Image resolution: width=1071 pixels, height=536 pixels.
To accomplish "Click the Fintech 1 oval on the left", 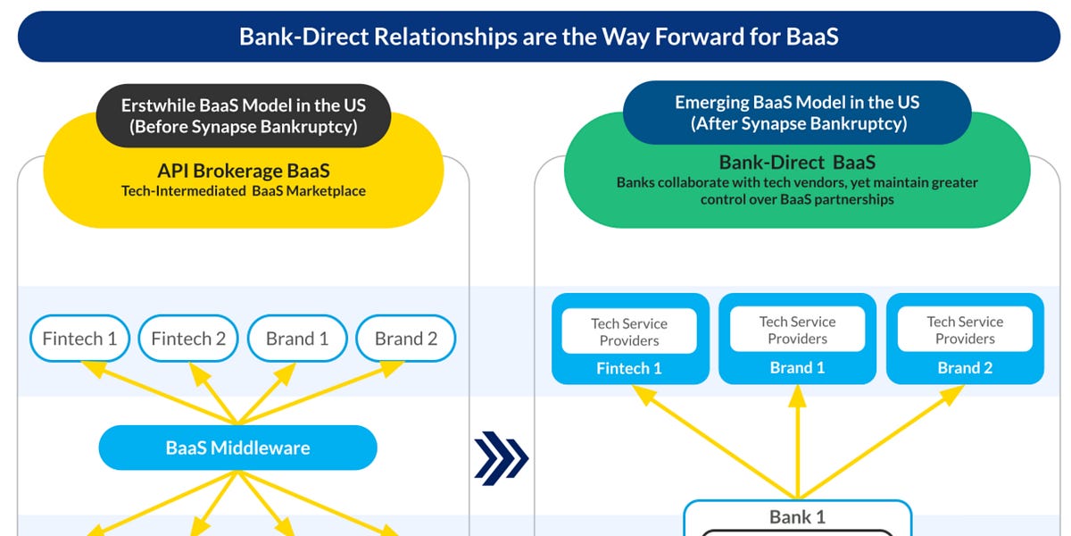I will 79,339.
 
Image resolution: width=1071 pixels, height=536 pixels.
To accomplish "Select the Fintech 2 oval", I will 188,339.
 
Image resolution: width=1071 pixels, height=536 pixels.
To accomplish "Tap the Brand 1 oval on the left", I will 297,339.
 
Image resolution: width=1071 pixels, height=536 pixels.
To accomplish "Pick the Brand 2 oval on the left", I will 406,339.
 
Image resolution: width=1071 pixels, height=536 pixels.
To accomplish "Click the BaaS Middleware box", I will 237,448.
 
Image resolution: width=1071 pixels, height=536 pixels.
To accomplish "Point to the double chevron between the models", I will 501,458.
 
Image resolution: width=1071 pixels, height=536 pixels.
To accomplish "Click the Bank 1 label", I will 797,517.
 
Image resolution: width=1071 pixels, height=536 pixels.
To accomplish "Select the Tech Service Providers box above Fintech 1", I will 629,331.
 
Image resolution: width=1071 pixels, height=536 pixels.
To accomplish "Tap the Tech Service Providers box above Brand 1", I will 797,330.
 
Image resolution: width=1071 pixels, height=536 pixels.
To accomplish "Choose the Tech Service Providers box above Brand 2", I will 965,330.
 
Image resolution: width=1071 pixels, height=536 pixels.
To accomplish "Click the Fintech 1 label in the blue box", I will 629,368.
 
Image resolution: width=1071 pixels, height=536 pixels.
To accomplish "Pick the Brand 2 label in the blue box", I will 965,368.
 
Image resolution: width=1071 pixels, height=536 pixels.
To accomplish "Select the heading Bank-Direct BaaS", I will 797,163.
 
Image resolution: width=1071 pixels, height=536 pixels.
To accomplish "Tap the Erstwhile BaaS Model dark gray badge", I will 243,115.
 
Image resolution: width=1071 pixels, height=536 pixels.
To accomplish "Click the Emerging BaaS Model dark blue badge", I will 797,113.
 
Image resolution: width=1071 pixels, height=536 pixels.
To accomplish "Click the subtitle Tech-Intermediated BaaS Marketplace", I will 243,190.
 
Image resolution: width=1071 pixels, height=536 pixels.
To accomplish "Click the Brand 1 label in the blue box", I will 797,368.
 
